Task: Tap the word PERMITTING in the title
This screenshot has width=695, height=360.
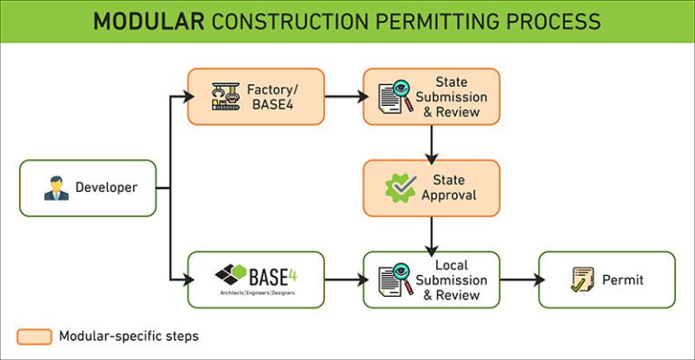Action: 412,21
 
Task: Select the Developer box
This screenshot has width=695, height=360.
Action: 88,188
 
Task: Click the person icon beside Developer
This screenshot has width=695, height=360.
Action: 56,188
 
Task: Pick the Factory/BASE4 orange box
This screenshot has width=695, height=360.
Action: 255,97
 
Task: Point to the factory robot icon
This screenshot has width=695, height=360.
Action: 224,97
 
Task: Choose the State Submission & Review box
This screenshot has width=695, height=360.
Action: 432,97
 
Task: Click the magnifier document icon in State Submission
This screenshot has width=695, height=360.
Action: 395,97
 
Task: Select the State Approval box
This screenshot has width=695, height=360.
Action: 432,188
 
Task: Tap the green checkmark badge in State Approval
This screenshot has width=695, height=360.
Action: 400,188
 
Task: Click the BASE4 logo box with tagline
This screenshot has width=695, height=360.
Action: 255,279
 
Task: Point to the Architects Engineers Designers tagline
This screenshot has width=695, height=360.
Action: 255,293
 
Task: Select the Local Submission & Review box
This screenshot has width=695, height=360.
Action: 432,279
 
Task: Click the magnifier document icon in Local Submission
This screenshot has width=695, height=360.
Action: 395,279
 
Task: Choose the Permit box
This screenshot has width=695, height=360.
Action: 606,279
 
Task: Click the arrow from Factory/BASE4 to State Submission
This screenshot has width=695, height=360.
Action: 344,97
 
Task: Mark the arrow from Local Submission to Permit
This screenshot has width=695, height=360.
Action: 519,279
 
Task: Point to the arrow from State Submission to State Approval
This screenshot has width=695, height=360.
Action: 432,142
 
